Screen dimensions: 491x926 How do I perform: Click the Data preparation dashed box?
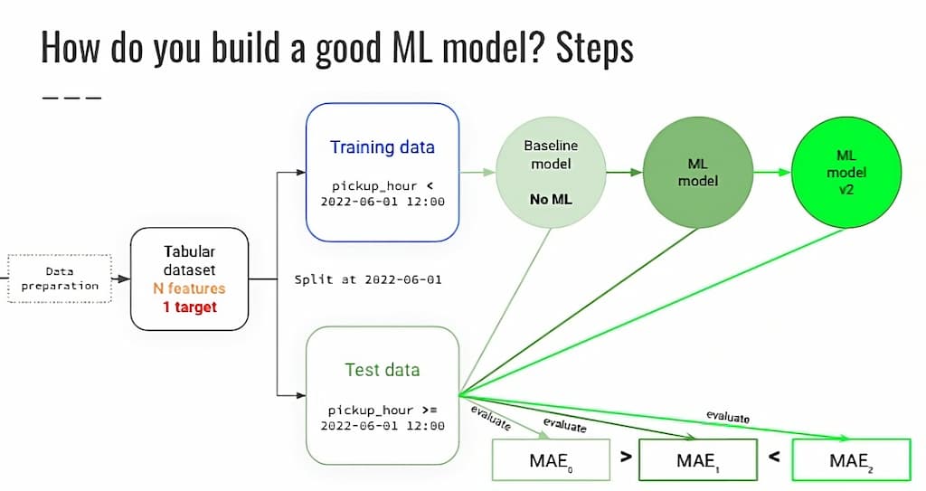click(59, 279)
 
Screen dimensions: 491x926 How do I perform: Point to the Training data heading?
click(382, 147)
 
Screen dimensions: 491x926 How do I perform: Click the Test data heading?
click(382, 370)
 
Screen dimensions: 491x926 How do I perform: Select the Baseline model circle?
click(551, 172)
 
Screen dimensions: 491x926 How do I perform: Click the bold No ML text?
click(551, 198)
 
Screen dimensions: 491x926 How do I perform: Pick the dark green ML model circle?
click(697, 173)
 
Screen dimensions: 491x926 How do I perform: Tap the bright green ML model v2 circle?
click(846, 173)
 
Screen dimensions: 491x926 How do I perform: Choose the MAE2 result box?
click(849, 461)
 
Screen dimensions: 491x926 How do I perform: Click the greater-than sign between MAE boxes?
click(623, 457)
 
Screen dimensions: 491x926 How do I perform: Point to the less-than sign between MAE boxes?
click(774, 457)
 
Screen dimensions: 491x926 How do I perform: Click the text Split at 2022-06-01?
click(368, 279)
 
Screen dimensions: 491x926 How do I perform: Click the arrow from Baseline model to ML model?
click(624, 173)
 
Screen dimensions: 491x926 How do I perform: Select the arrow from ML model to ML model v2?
click(771, 173)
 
